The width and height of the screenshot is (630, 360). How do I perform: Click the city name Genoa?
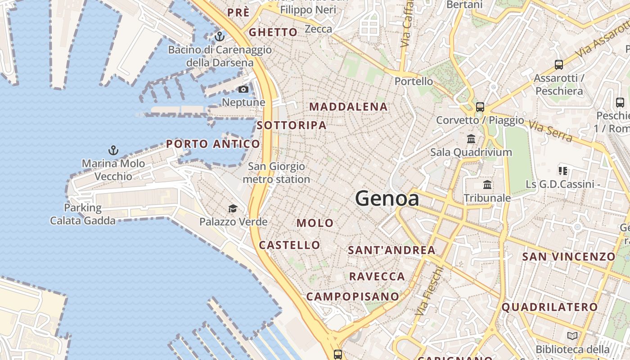pos(387,198)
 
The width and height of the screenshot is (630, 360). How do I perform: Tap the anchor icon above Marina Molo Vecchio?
pos(113,150)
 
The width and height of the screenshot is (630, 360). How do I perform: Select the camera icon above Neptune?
pos(243,90)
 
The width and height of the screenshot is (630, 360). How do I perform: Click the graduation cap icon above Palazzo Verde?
pos(233,208)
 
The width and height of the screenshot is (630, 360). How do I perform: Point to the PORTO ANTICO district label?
pos(213,144)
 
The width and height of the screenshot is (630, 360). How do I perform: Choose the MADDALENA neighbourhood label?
pos(349,107)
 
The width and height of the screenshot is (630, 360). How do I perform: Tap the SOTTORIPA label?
pos(292,126)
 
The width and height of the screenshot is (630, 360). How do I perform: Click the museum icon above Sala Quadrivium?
pos(471,139)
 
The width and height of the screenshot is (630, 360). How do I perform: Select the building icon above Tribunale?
pos(487,185)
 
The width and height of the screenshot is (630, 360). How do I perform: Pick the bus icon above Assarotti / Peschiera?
pos(559,65)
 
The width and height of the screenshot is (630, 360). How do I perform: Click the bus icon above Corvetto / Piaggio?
pos(480,107)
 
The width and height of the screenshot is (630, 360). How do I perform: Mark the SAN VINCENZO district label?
pos(568,257)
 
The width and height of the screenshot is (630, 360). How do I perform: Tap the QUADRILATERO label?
pos(549,307)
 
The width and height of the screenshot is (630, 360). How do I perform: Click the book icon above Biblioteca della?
pos(572,336)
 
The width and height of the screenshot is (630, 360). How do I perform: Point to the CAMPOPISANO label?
pos(353,297)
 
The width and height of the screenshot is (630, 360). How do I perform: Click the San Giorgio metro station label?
pos(276,173)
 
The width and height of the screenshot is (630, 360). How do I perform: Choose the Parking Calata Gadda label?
pos(83,214)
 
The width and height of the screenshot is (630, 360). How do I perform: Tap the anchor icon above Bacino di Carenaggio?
pos(220,36)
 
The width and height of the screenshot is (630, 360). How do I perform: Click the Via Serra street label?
pos(550,131)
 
